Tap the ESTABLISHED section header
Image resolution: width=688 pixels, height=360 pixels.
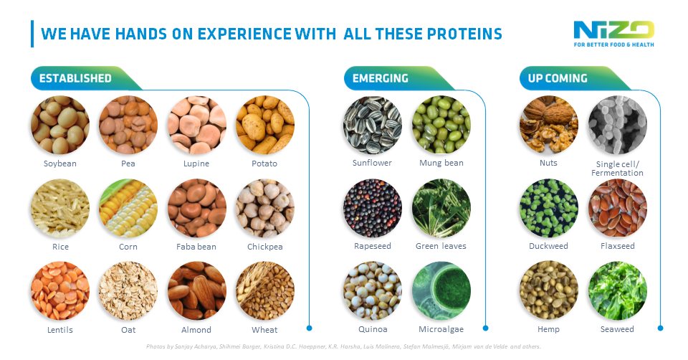click(75, 78)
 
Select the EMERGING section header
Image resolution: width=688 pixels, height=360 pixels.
click(381, 78)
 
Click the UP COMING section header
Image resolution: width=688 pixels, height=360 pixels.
click(558, 78)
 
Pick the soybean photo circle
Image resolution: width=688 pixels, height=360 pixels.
click(60, 125)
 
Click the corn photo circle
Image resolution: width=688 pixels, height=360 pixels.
click(128, 208)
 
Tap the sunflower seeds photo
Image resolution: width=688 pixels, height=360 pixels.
click(373, 125)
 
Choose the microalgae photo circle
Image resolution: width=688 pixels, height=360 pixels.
click(441, 291)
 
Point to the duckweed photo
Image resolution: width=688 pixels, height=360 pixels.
click(548, 208)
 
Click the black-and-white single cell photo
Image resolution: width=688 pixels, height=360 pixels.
click(617, 125)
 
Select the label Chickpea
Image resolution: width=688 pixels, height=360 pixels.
click(265, 247)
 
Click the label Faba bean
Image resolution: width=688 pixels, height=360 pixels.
click(197, 247)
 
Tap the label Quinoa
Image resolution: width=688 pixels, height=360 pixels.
click(373, 330)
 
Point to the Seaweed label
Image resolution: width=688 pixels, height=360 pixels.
click(617, 330)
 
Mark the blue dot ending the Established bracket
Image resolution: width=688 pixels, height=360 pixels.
click(310, 328)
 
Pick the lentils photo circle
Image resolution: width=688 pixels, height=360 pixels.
click(60, 291)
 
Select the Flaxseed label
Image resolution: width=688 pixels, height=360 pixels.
click(617, 246)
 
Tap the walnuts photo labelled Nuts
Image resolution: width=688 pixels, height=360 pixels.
click(548, 125)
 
